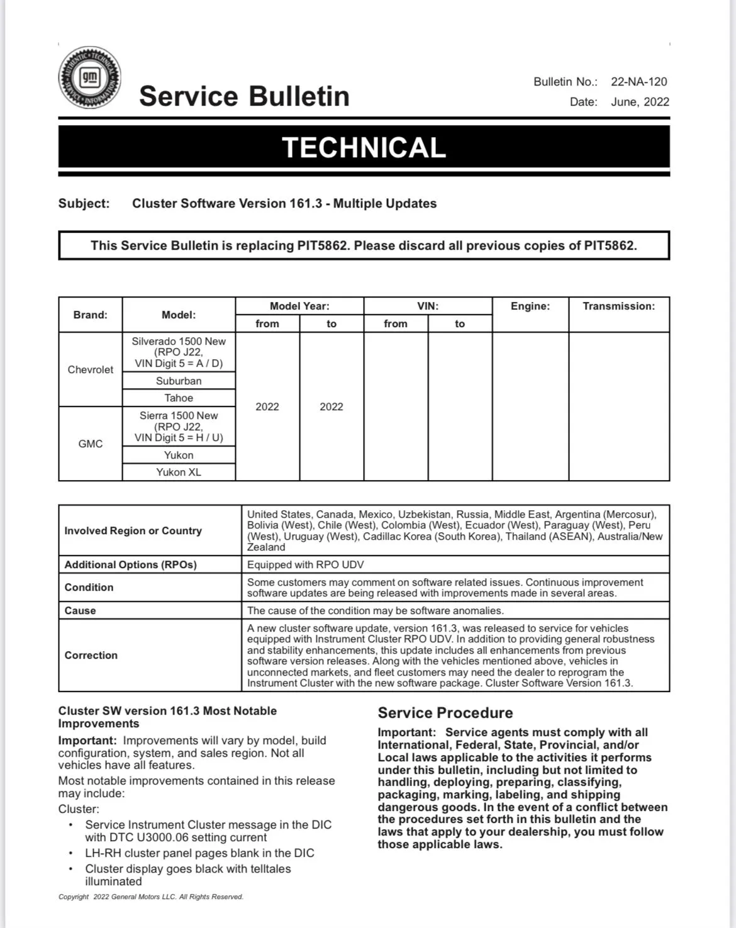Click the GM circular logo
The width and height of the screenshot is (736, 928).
coord(89,77)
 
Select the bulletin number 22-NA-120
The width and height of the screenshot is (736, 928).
coord(638,82)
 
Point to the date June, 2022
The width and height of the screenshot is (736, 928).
coord(640,102)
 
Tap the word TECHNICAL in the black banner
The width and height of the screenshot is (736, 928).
coord(364,147)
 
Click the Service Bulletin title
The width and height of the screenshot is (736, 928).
coord(244,96)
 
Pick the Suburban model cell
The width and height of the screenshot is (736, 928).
coord(179,381)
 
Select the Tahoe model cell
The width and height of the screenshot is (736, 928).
coord(179,398)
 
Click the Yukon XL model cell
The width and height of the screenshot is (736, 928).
coord(179,472)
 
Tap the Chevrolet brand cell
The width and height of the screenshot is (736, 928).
coord(91,369)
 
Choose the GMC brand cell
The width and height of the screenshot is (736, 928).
coord(91,444)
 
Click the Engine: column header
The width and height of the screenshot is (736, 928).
coord(530,306)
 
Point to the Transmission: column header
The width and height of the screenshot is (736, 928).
coord(618,306)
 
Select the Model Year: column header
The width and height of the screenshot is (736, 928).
coord(299,306)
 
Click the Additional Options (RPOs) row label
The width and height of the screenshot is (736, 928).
coord(131,564)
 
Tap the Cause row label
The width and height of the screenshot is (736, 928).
coord(81,610)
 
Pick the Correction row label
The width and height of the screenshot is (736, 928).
coord(91,655)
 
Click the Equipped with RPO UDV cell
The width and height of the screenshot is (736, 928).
coord(305,564)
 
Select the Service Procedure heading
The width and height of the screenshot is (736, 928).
coord(445,713)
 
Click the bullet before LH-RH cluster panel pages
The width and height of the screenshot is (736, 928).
coord(71,853)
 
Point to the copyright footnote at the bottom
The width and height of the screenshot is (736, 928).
coord(151,897)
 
